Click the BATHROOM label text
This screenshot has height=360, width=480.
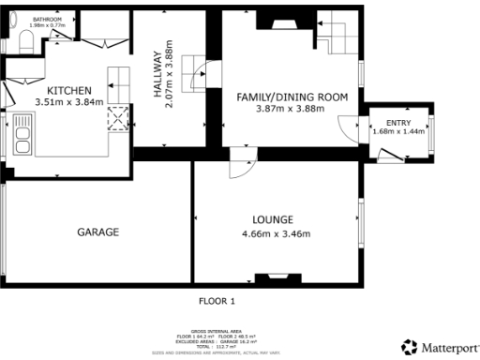point(47,19)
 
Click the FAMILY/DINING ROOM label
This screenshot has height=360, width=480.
point(292,97)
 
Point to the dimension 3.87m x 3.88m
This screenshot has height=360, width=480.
point(292,109)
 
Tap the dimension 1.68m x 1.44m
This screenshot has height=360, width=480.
point(398,131)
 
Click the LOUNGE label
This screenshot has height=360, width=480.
point(277,219)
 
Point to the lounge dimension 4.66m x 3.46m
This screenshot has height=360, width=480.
point(277,233)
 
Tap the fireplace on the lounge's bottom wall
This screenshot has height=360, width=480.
point(278,277)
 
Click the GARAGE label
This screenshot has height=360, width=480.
point(97,232)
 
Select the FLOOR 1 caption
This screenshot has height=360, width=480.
point(217,302)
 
